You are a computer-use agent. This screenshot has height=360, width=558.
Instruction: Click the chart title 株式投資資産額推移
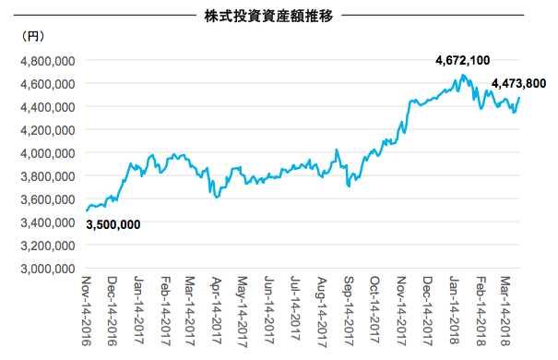pyautogui.click(x=268, y=16)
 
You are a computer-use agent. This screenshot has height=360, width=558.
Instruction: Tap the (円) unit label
pyautogui.click(x=32, y=36)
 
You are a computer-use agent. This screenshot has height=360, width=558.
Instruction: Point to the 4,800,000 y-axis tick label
pyautogui.click(x=48, y=61)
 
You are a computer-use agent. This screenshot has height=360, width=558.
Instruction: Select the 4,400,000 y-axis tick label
pyautogui.click(x=48, y=107)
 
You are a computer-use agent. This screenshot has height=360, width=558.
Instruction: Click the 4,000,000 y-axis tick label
pyautogui.click(x=48, y=153)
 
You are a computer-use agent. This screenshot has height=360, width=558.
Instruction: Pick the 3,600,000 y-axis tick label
pyautogui.click(x=48, y=199)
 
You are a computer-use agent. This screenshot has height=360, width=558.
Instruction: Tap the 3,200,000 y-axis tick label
pyautogui.click(x=48, y=246)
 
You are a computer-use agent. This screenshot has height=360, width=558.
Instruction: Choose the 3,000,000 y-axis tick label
pyautogui.click(x=48, y=269)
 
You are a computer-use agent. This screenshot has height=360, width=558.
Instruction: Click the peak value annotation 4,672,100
pyautogui.click(x=463, y=61)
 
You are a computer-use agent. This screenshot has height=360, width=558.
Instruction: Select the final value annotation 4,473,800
pyautogui.click(x=518, y=83)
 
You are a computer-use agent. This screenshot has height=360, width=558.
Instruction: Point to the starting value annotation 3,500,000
pyautogui.click(x=113, y=224)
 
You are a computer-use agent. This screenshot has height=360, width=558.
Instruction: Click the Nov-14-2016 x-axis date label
pyautogui.click(x=87, y=311)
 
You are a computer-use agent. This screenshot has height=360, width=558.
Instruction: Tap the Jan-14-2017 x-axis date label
pyautogui.click(x=138, y=310)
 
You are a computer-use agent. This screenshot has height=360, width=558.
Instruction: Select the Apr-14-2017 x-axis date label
pyautogui.click(x=217, y=310)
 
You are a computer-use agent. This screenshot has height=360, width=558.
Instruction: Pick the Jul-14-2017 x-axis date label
pyautogui.click(x=295, y=308)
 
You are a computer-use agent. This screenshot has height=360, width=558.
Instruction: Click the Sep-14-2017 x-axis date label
pyautogui.click(x=348, y=311)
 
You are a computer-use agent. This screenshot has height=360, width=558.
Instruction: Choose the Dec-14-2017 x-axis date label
pyautogui.click(x=427, y=311)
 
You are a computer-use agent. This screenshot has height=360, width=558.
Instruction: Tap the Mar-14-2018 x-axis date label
pyautogui.click(x=505, y=311)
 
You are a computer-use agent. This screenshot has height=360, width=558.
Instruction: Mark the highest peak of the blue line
pyautogui.click(x=462, y=75)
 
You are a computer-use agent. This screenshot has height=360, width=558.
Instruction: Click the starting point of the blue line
pyautogui.click(x=87, y=210)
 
